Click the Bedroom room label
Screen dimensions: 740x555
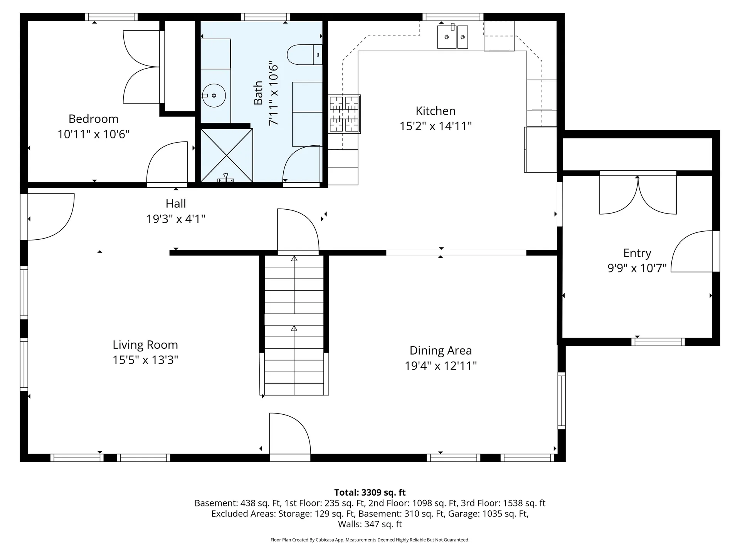tap(93, 119)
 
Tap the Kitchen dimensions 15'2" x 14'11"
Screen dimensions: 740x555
tap(436, 126)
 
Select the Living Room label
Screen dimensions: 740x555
tap(145, 345)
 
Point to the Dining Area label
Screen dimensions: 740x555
tap(441, 351)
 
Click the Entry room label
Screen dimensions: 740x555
tap(637, 253)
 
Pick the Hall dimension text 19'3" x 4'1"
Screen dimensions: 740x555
tap(176, 219)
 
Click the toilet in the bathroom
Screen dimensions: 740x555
tap(304, 54)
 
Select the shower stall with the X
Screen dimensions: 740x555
tap(227, 155)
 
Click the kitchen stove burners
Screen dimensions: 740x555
tap(344, 114)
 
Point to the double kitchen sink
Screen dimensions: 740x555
tap(452, 37)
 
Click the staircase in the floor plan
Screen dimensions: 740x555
tap(294, 325)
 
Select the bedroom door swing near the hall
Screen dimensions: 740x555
tap(167, 162)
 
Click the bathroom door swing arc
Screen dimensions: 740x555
tap(301, 163)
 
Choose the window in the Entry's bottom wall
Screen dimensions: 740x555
tap(658, 342)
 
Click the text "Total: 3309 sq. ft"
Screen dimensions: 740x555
tap(370, 492)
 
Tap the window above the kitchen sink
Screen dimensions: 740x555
tap(453, 17)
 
